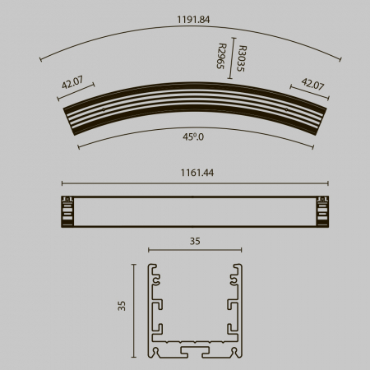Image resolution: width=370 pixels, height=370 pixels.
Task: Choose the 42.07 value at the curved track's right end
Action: pos(312,82)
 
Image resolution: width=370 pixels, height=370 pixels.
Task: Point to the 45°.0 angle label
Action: pos(194,138)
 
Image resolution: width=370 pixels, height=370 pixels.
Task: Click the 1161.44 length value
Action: pos(195,174)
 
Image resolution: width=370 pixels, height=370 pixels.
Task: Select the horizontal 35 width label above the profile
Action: pos(195,241)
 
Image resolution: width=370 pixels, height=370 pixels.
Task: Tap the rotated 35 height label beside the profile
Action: pos(121,306)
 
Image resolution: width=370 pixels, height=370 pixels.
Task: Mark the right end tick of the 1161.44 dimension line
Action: pos(328,183)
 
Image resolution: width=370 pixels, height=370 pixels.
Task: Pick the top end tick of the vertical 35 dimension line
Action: pos(133,265)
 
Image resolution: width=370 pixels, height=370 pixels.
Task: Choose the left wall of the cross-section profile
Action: pos(151,308)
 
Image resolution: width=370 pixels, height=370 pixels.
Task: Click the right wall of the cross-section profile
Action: pos(239,308)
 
